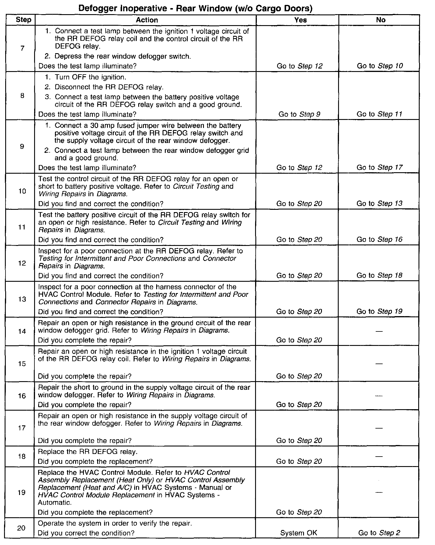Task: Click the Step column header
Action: point(23,20)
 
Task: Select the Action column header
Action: point(147,20)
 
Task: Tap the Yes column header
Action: point(301,20)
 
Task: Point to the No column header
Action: point(381,20)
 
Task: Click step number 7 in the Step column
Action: point(22,48)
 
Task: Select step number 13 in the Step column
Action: point(22,299)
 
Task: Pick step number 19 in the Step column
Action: point(22,492)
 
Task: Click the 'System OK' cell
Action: point(299,533)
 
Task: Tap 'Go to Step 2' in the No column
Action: point(379,533)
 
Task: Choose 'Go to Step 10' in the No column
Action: point(380,66)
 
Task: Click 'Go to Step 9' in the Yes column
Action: point(299,114)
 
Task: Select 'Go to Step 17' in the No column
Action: point(379,167)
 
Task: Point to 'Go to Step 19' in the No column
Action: point(379,311)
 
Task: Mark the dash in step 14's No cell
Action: point(379,331)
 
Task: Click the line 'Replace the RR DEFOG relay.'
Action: point(88,451)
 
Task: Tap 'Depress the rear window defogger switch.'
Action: point(123,56)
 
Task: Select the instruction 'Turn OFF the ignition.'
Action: point(90,77)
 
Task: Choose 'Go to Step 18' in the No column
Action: point(379,275)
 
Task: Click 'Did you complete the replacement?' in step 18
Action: point(95,461)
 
